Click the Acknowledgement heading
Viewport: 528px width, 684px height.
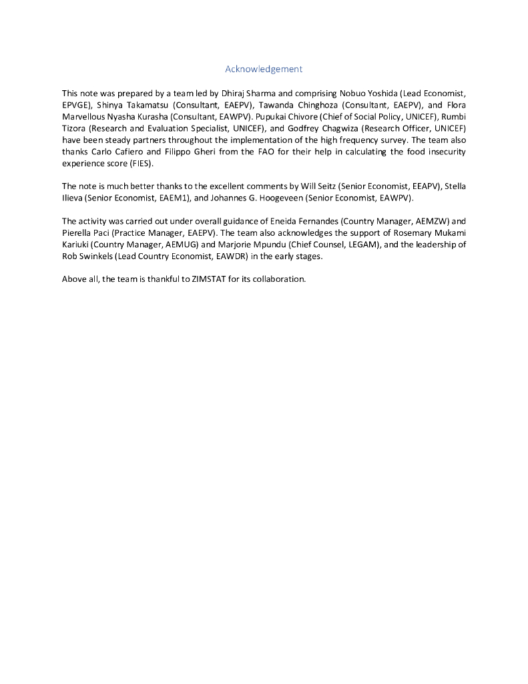click(x=264, y=69)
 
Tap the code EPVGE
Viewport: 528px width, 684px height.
click(x=75, y=106)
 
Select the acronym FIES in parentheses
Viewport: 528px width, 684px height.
click(x=142, y=163)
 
